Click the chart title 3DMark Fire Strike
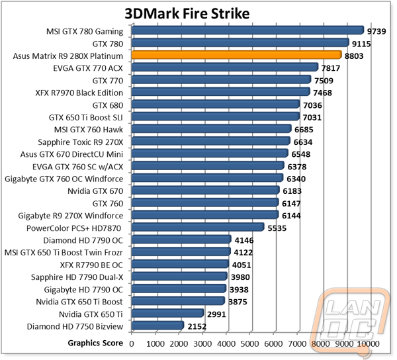187,14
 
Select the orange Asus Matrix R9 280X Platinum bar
236,55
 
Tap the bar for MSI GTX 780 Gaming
247,30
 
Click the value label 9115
361,44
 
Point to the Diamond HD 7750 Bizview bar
157,326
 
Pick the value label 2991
216,314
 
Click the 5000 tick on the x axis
249,344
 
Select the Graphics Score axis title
95,343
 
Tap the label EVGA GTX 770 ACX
88,68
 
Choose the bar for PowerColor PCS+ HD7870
198,227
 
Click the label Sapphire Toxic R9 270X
81,142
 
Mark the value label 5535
277,228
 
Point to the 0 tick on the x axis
132,344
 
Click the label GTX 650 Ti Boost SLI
86,118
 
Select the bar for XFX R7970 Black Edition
221,91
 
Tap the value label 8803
354,56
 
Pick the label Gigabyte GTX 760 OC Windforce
64,179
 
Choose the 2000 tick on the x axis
179,344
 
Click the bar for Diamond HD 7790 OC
181,240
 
